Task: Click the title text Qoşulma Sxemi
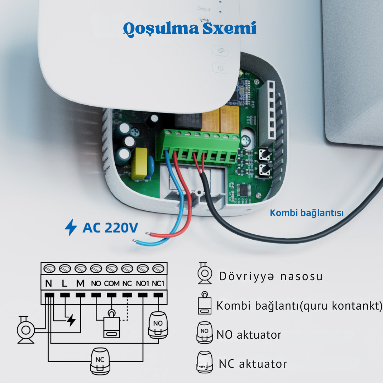(190, 29)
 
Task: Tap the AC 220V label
(110, 228)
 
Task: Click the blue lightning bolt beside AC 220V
(71, 227)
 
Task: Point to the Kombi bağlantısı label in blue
(307, 213)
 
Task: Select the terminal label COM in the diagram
(112, 284)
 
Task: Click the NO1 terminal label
(143, 284)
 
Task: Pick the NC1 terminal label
(158, 284)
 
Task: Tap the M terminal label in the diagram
(81, 283)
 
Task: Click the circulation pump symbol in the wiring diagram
(26, 330)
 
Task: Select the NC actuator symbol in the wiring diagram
(100, 361)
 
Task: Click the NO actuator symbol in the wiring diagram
(158, 325)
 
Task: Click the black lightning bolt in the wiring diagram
(71, 320)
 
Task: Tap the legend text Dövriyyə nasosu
(271, 277)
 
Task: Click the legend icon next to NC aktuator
(205, 362)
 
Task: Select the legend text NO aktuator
(249, 335)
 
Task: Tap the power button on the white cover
(221, 68)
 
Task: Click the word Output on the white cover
(204, 9)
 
